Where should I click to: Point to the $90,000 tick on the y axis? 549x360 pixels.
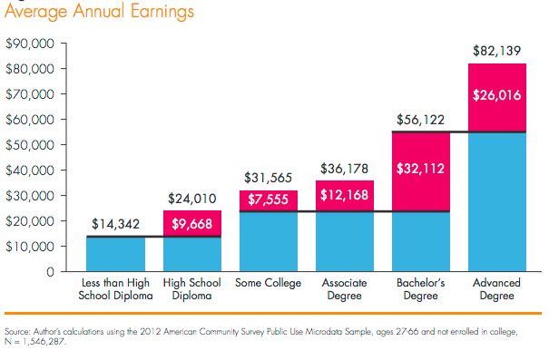pyautogui.click(x=31, y=44)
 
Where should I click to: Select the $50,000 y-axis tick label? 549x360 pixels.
pyautogui.click(x=31, y=145)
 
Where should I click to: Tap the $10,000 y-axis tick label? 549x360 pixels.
pyautogui.click(x=31, y=247)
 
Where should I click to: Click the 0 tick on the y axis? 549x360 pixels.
pyautogui.click(x=51, y=272)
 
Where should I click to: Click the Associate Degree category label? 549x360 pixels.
pyautogui.click(x=344, y=289)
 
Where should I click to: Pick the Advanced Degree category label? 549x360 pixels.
pyautogui.click(x=496, y=289)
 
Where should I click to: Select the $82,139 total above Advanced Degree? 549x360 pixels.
pyautogui.click(x=496, y=52)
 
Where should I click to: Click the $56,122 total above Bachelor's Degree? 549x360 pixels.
pyautogui.click(x=420, y=120)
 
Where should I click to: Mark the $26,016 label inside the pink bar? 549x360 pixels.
pyautogui.click(x=496, y=94)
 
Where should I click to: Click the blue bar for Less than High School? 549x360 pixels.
pyautogui.click(x=115, y=255)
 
